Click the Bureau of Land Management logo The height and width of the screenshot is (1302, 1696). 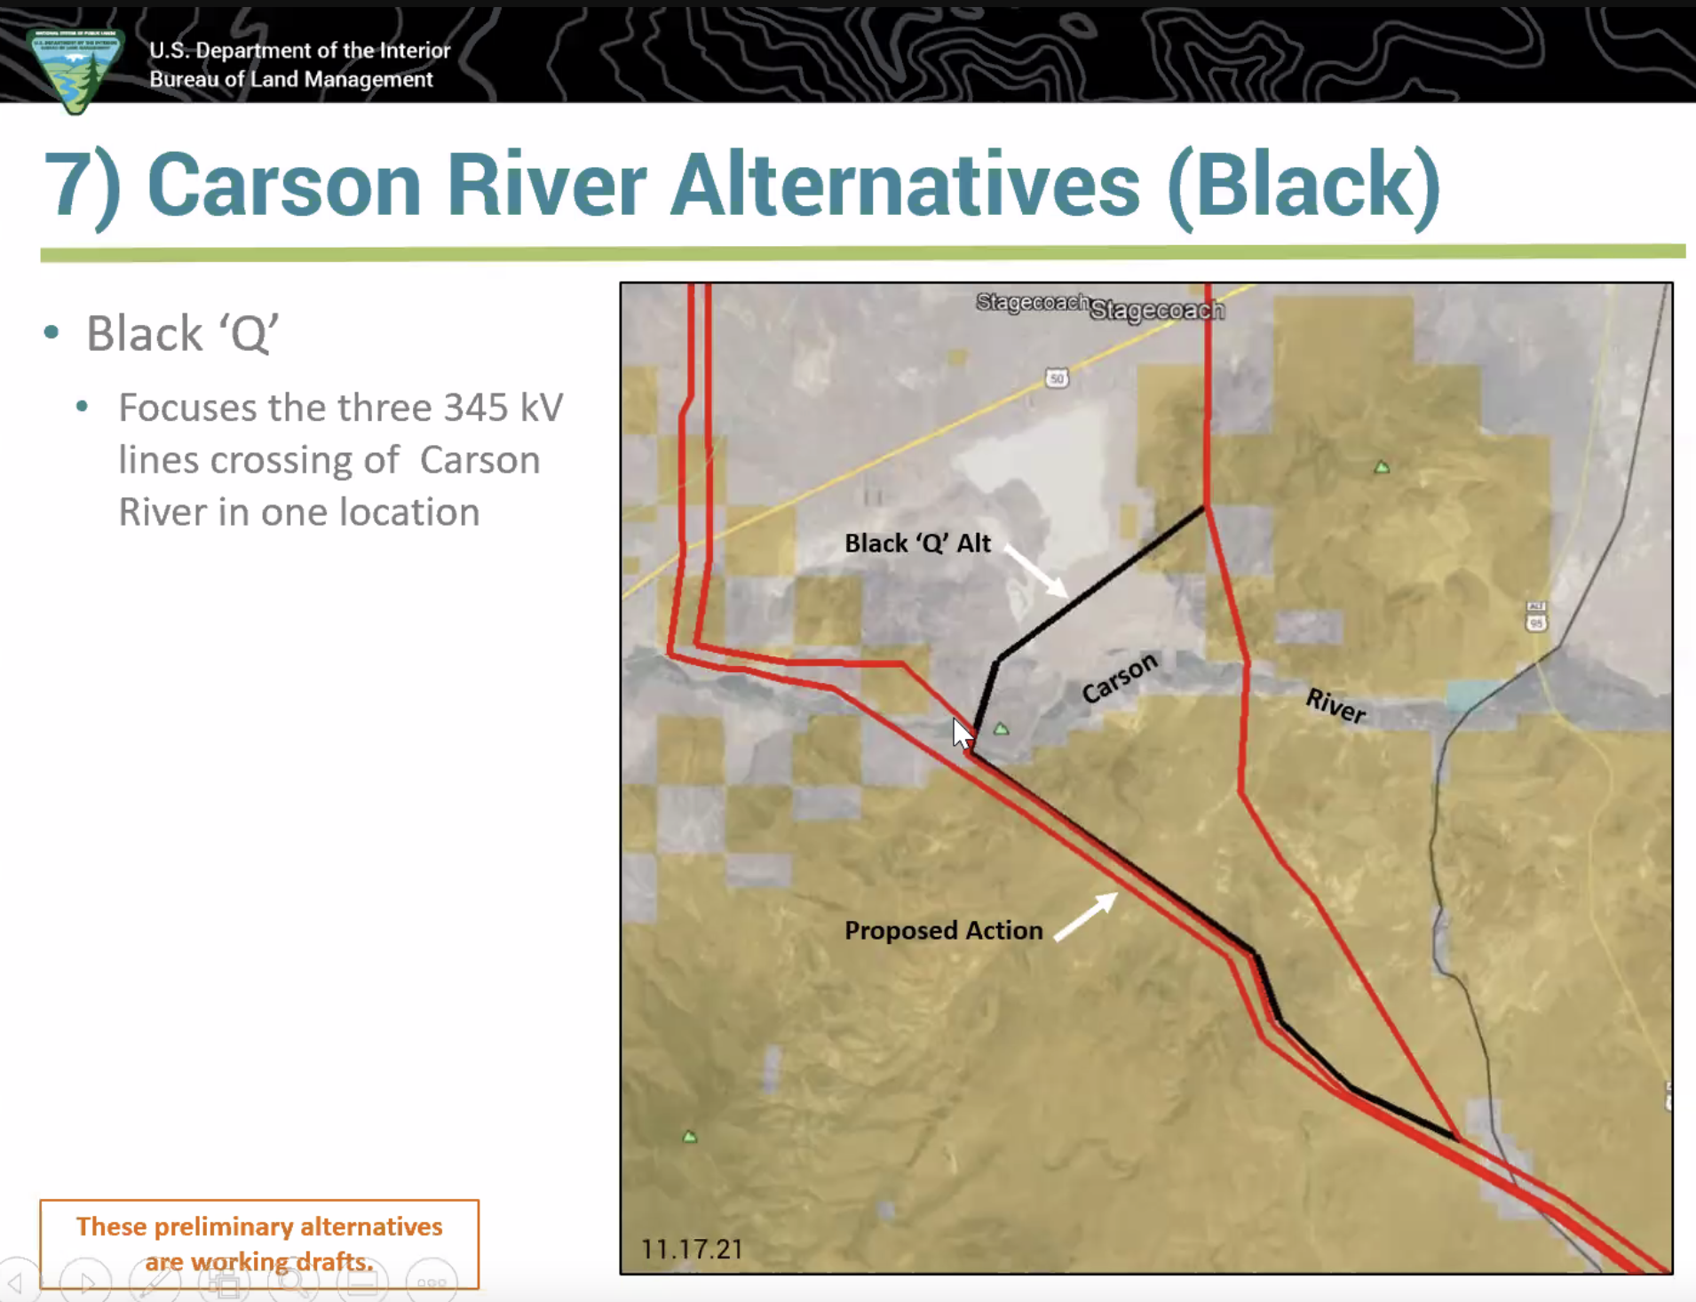tap(75, 69)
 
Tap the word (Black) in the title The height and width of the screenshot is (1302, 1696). tap(1304, 187)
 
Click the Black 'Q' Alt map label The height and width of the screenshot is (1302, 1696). tap(917, 543)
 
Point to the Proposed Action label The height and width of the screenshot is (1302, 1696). tap(943, 930)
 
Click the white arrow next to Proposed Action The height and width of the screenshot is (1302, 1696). tap(1086, 915)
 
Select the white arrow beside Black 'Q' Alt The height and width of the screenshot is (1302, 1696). tap(1036, 571)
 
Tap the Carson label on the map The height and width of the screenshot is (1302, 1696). tap(1120, 678)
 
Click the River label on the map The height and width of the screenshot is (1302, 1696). tap(1335, 706)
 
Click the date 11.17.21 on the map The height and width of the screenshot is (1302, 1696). tap(692, 1249)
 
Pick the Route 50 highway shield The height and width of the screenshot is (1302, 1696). tap(1056, 378)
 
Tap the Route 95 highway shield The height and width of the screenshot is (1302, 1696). tap(1536, 615)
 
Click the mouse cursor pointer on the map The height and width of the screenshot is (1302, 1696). tap(963, 734)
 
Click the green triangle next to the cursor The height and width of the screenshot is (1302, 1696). tap(1002, 729)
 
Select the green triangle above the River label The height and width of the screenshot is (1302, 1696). tap(1382, 467)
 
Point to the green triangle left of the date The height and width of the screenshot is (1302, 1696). tap(690, 1137)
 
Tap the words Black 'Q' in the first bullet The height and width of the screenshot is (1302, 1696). tap(182, 334)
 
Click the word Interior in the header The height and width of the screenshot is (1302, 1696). tap(416, 51)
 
